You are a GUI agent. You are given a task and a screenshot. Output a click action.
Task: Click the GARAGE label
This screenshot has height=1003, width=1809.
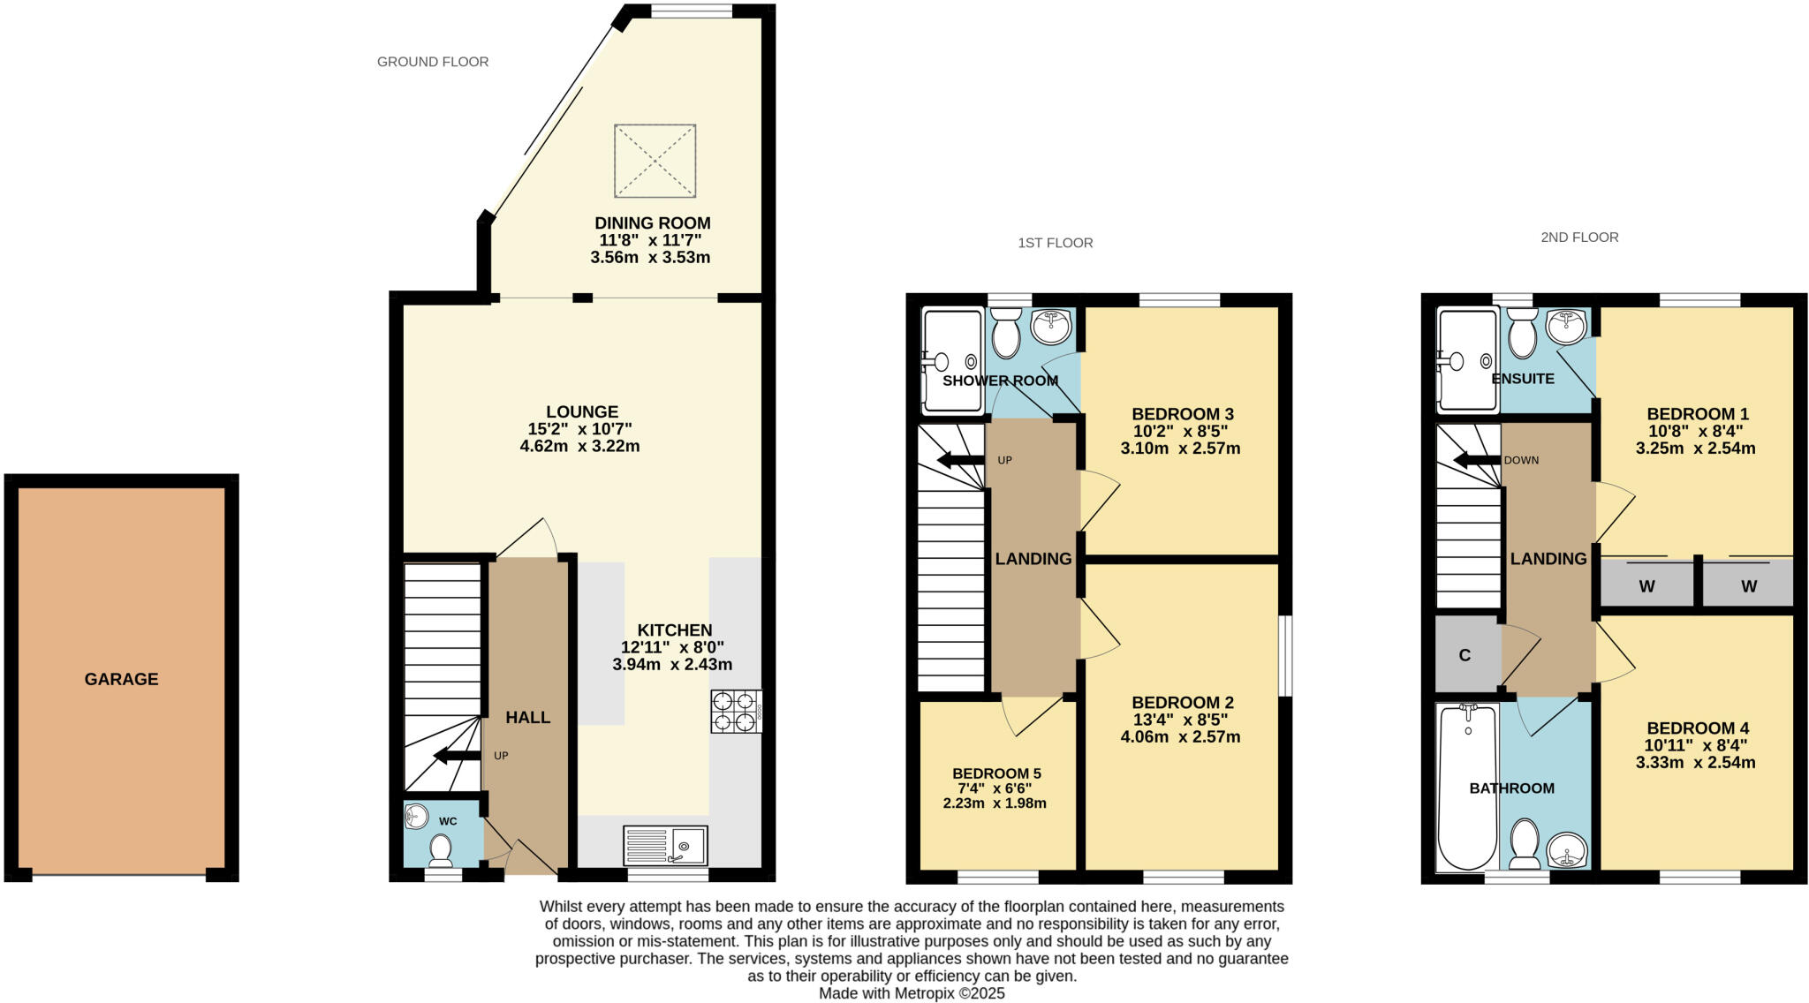point(121,679)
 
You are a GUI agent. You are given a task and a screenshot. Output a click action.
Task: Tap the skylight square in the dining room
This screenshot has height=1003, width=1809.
point(655,161)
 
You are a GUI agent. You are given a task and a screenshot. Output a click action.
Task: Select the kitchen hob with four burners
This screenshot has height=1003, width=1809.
point(736,712)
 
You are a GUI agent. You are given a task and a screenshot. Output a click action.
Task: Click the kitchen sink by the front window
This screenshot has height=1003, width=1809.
point(665,846)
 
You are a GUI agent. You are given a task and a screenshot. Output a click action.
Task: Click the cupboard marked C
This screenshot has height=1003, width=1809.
point(1465,655)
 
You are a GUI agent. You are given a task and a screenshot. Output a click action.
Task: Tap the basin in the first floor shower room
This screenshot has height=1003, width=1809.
point(1051,327)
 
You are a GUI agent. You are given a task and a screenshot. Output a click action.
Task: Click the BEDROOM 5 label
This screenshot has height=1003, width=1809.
point(996,773)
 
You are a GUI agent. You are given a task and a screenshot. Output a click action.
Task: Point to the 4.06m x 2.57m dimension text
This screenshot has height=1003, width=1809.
point(1180,736)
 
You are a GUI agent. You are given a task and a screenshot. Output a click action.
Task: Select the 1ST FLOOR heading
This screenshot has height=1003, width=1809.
point(1055,243)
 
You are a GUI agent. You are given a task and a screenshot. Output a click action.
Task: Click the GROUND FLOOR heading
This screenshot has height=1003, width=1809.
point(433,62)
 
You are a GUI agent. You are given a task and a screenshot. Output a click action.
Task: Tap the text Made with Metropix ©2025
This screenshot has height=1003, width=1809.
point(912,993)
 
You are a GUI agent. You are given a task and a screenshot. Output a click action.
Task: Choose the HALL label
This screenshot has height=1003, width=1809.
point(528,718)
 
